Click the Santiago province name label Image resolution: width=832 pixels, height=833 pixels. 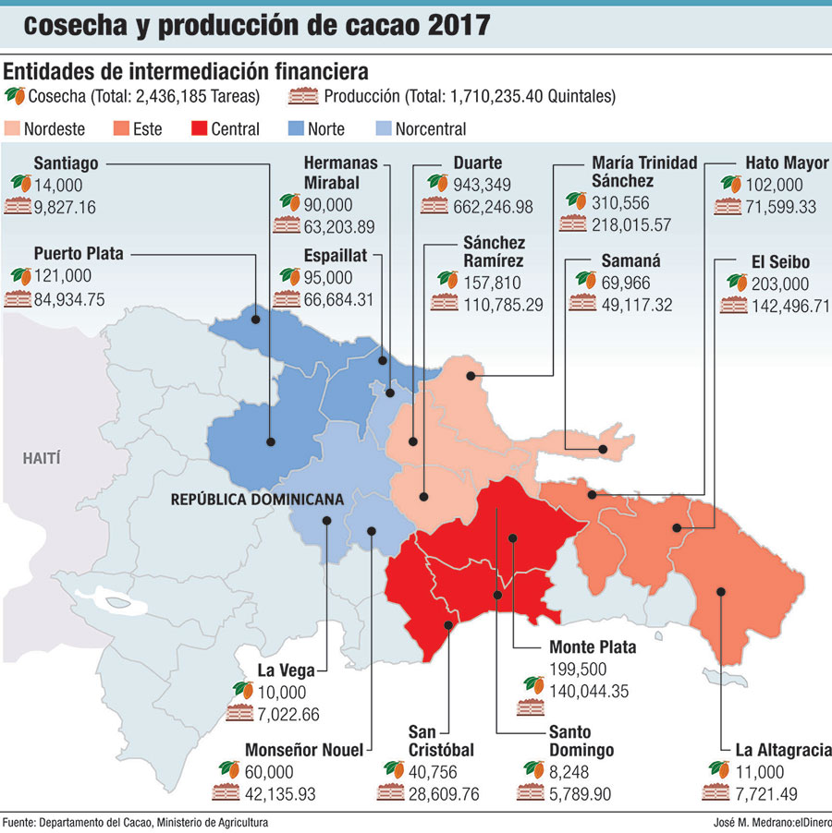pos(67,163)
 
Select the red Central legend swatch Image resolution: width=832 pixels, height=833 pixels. pos(198,129)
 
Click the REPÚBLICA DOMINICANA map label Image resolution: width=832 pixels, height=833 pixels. pos(257,500)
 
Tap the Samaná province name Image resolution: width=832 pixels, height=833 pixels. pos(629,260)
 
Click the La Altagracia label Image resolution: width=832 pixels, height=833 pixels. pos(780,750)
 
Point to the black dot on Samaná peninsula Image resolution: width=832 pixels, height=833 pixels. pos(602,450)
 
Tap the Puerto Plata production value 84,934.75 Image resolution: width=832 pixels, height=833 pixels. pos(69,298)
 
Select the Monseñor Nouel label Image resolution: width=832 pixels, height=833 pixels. pos(304,750)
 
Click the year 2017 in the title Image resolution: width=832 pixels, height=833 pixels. pos(458,25)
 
